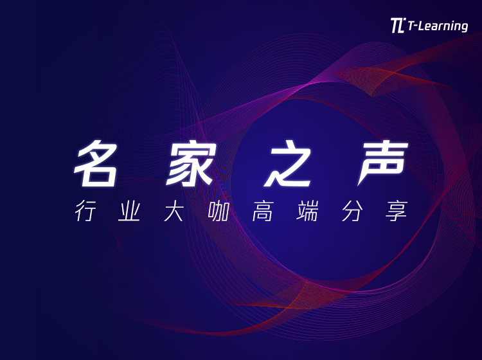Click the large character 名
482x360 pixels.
pos(96,163)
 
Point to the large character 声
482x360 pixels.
pos(383,163)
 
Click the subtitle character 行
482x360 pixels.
pos(85,211)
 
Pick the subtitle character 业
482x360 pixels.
pos(129,211)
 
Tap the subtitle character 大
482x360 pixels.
pos(174,211)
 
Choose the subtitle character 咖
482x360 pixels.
pos(219,211)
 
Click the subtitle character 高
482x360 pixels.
pos(262,211)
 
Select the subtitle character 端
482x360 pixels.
pos(307,211)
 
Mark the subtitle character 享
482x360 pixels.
pos(397,211)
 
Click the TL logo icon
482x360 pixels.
pos(398,25)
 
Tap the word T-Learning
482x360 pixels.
pos(438,26)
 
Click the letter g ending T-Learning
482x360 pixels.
pos(464,28)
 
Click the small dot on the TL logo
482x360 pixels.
pos(404,19)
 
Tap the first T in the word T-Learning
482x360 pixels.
pos(411,25)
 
